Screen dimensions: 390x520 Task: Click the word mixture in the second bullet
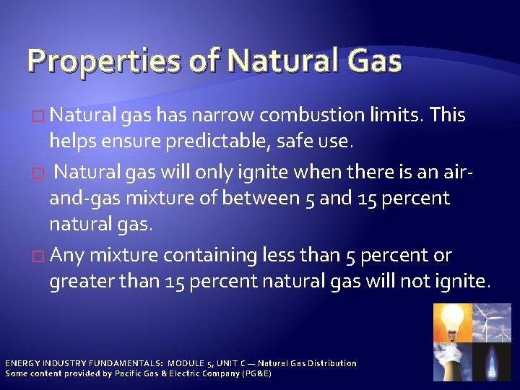tap(171, 199)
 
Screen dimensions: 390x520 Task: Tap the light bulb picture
tap(451, 321)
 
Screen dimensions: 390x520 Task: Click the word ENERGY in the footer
tap(22, 363)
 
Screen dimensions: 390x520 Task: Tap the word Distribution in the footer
tap(329, 363)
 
